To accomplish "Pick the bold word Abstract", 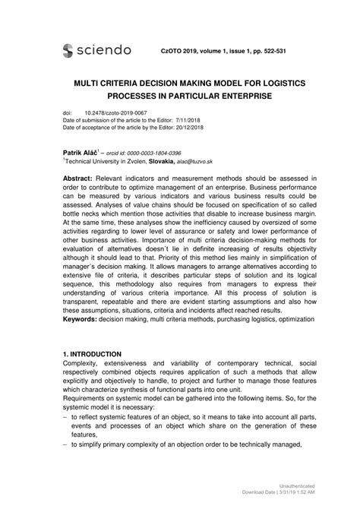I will [81, 176].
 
